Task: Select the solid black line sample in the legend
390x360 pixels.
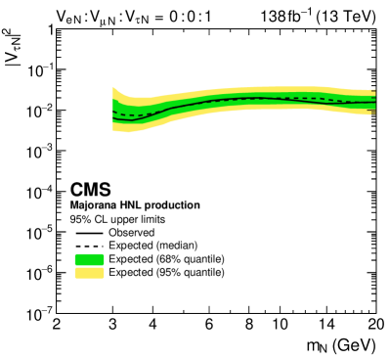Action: click(x=89, y=233)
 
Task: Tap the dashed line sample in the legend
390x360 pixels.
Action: click(x=89, y=246)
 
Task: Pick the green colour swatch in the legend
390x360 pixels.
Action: click(x=89, y=259)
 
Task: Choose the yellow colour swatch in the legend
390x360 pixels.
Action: click(x=89, y=273)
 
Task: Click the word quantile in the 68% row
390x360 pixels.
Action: click(x=203, y=259)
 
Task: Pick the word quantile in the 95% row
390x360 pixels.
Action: click(x=203, y=273)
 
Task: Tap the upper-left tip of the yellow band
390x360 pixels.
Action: click(x=114, y=88)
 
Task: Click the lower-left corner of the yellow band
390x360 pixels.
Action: click(x=114, y=128)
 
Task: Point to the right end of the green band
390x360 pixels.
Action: click(x=375, y=100)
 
